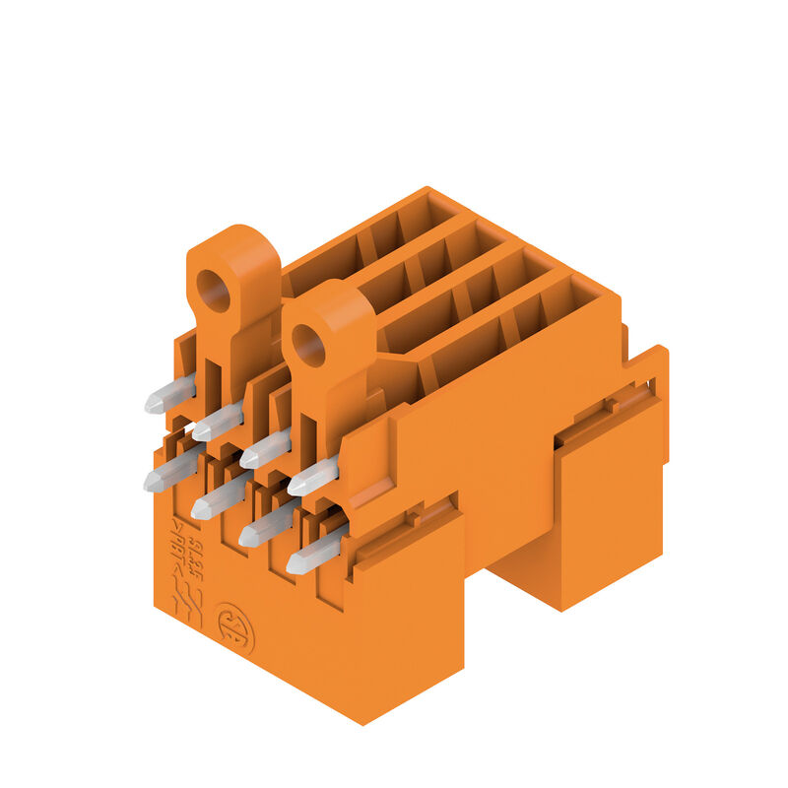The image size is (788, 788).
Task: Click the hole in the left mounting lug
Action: [213, 290]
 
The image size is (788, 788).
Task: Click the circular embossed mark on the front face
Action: [234, 629]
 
